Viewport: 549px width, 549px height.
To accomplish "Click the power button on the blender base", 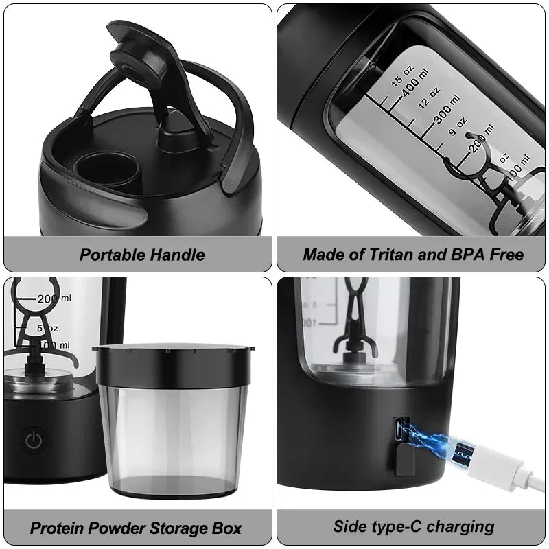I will pyautogui.click(x=32, y=440).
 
